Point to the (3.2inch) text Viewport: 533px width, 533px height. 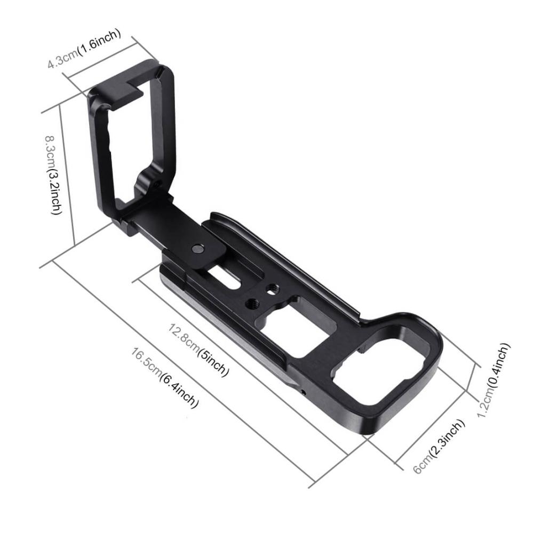click(x=57, y=192)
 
